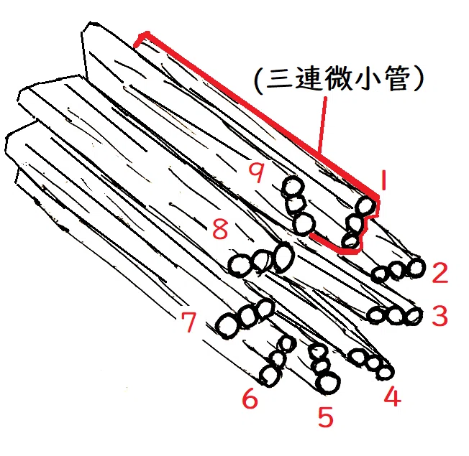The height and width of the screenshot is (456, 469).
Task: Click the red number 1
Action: [x=384, y=180]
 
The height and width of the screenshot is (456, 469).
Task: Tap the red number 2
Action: [x=440, y=272]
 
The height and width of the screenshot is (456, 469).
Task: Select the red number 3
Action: [x=440, y=316]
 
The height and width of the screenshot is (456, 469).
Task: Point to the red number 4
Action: [x=393, y=396]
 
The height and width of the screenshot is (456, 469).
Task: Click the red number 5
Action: [x=325, y=417]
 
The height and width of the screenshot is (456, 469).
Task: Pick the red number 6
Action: [x=250, y=398]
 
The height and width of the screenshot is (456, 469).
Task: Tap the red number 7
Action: [x=189, y=322]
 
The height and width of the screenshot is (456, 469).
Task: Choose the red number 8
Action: [x=220, y=229]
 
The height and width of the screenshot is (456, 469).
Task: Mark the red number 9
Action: [x=257, y=172]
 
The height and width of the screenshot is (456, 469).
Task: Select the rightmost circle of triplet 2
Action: [x=416, y=267]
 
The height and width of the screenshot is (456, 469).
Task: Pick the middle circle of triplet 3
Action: [x=396, y=315]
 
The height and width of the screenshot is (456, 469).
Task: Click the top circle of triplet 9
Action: [x=293, y=186]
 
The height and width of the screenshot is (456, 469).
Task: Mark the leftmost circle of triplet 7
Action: [x=227, y=326]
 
